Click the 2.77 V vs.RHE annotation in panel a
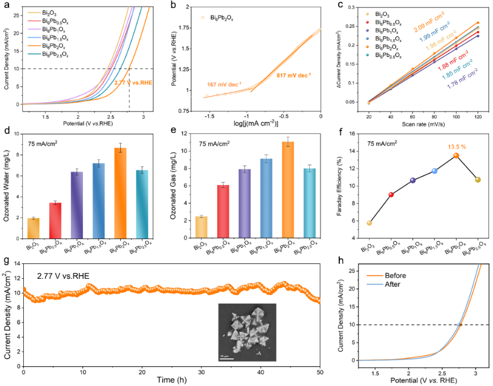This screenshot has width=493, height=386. (137, 83)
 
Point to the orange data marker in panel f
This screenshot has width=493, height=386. (456, 156)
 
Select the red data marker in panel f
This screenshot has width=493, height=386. (391, 195)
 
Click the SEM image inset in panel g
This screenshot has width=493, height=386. (247, 332)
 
